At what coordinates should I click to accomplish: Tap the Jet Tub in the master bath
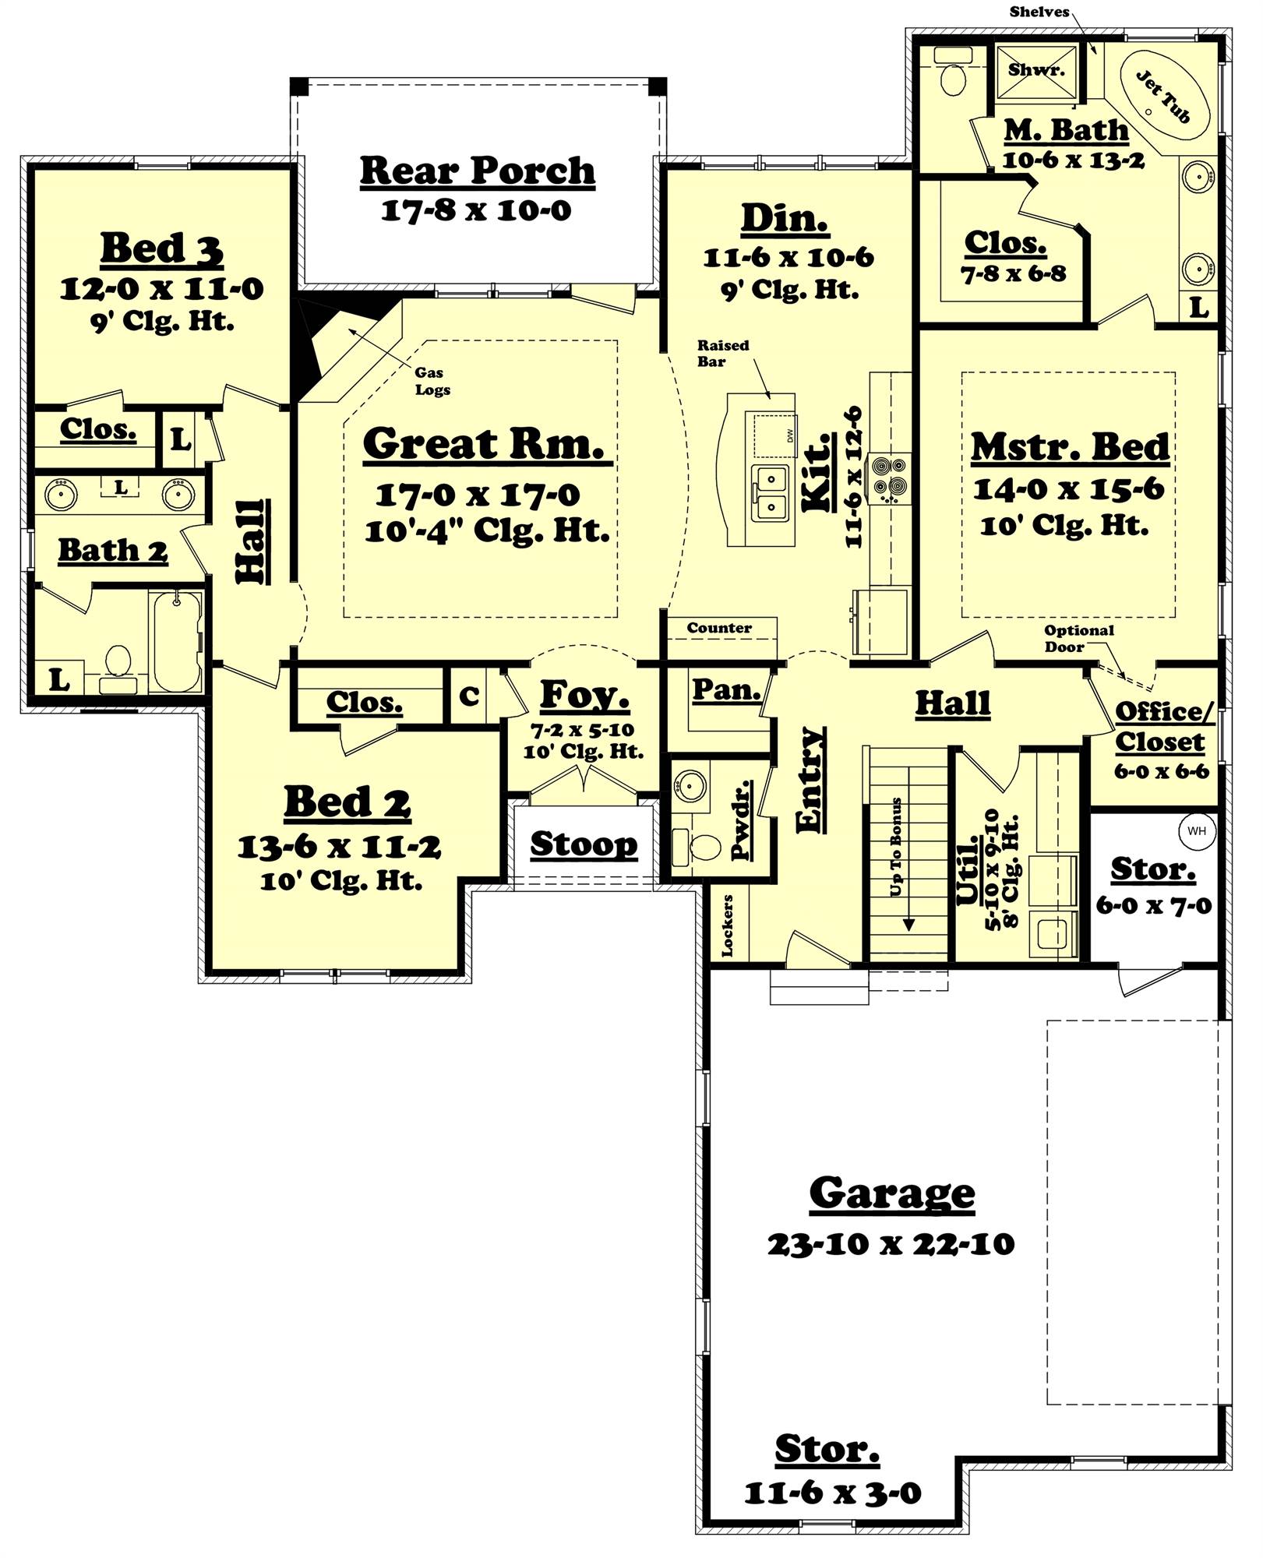(x=1165, y=97)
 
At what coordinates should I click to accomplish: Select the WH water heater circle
(x=1196, y=830)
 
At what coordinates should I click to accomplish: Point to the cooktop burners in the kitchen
(x=890, y=477)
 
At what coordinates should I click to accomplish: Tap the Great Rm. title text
(x=484, y=444)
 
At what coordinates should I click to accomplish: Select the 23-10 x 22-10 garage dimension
(x=891, y=1244)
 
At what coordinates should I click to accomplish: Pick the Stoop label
(x=584, y=844)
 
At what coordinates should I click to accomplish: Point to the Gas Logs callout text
(x=432, y=381)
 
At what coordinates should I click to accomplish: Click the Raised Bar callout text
(x=722, y=353)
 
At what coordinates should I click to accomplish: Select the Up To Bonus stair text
(x=896, y=846)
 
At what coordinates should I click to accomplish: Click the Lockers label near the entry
(x=727, y=925)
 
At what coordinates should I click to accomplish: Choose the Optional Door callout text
(x=1078, y=638)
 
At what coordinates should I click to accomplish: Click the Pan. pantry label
(x=725, y=689)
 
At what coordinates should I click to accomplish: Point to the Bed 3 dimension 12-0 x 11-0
(x=162, y=289)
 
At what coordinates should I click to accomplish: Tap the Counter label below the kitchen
(x=719, y=627)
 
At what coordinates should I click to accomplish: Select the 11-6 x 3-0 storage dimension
(x=832, y=1493)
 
